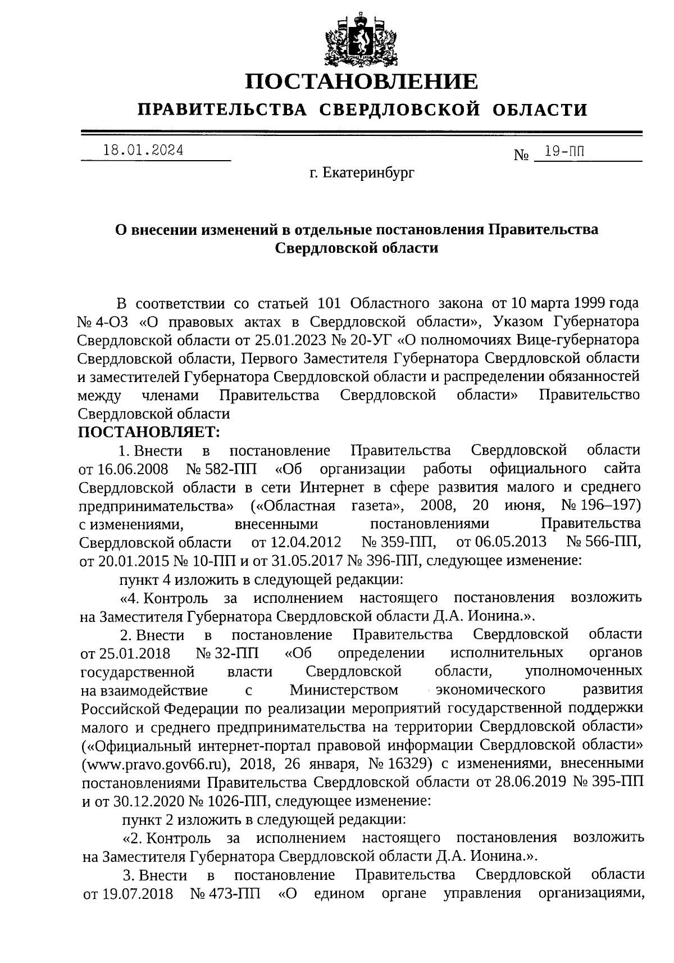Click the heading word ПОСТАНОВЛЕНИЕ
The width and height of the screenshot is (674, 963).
click(x=362, y=82)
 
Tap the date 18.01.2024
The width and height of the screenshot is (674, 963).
click(x=144, y=151)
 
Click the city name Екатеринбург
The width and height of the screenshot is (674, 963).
click(x=369, y=174)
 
